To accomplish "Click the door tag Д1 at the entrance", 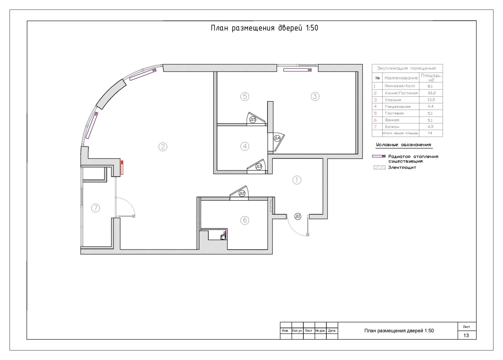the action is pos(298,216).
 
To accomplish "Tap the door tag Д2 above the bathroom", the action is pos(242,193).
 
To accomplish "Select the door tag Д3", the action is pos(259,166).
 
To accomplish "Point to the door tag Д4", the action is pos(277,138).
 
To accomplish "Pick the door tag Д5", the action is pos(253,119).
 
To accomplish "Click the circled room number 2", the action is pos(163,147).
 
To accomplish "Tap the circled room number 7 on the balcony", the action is pos(96,208).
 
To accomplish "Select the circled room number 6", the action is pos(245,220).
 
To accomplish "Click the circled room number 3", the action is pos(315,96).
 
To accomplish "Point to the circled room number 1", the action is pos(297,180).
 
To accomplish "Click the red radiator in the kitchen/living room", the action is pos(122,167).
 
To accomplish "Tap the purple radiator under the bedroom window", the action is pos(297,70).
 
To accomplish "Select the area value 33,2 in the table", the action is pos(432,93).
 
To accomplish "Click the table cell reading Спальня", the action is pos(393,100).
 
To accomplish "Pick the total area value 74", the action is pos(430,133).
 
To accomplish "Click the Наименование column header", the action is pos(401,78).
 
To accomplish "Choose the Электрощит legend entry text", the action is pos(402,167).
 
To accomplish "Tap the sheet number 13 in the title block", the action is pos(466,335).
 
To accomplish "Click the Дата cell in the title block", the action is pos(332,330).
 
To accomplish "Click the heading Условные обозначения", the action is pos(404,145).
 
